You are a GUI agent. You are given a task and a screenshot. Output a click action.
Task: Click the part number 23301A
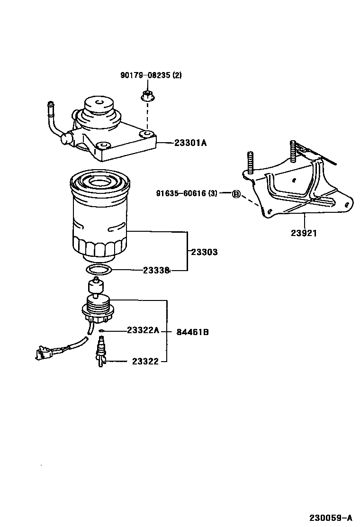click(x=191, y=142)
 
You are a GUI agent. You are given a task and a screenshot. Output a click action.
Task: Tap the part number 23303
click(x=204, y=252)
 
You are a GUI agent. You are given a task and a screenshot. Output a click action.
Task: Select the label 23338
click(x=156, y=271)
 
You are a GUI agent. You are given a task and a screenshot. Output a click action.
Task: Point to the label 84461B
click(x=192, y=332)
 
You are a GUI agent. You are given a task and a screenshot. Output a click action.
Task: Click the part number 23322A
click(x=143, y=330)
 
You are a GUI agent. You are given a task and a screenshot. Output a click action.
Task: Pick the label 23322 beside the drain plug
click(x=145, y=362)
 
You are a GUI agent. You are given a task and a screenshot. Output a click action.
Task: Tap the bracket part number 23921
click(x=304, y=233)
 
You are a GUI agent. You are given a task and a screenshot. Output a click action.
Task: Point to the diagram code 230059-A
click(x=332, y=517)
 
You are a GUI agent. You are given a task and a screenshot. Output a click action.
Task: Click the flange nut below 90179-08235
click(x=146, y=96)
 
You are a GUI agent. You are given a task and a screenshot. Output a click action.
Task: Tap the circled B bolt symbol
click(x=236, y=193)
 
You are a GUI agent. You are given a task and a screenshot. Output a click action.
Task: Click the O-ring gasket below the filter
click(x=99, y=271)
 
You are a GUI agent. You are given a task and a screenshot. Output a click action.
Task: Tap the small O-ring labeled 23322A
click(x=102, y=330)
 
